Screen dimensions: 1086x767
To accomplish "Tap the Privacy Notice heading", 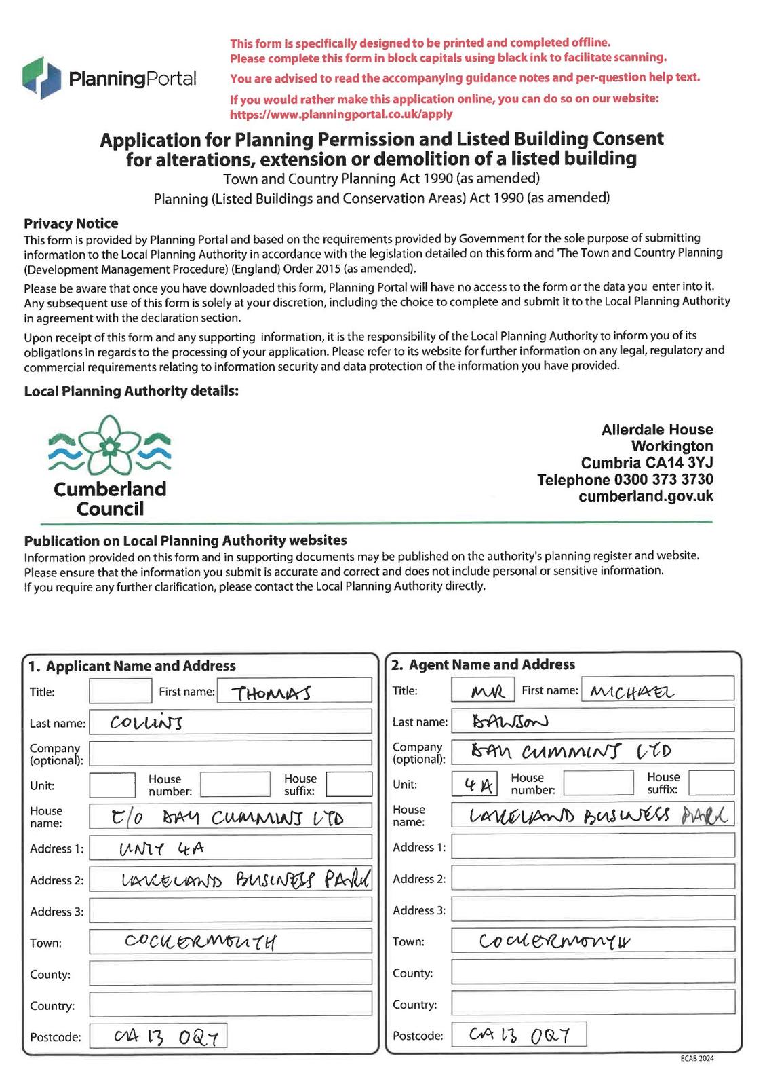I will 71,223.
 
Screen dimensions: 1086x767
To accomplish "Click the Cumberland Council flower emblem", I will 109,445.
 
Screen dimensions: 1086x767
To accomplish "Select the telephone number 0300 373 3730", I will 663,480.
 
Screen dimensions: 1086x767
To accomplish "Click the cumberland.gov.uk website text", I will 646,496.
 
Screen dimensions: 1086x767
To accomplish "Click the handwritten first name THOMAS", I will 271,693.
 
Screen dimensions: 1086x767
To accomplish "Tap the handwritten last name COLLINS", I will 146,723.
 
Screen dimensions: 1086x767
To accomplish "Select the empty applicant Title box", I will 120,692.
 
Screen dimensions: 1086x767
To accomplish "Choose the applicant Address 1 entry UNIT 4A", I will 161,848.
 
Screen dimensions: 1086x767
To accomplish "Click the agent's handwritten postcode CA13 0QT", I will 519,1034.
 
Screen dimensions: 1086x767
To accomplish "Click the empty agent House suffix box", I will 711,783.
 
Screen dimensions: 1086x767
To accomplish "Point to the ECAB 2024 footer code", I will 697,1059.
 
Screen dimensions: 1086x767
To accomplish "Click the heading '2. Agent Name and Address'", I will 483,665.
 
